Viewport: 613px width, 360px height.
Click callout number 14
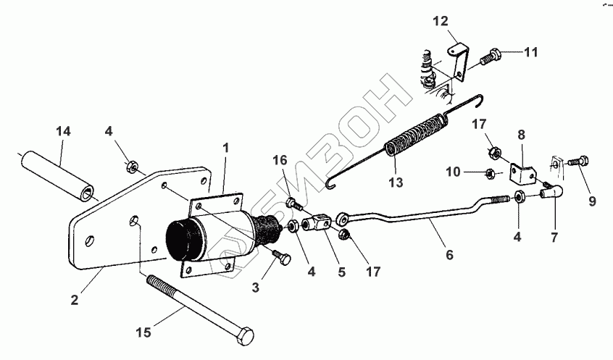pyautogui.click(x=63, y=133)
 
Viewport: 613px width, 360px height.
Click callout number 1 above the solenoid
pyautogui.click(x=225, y=147)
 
